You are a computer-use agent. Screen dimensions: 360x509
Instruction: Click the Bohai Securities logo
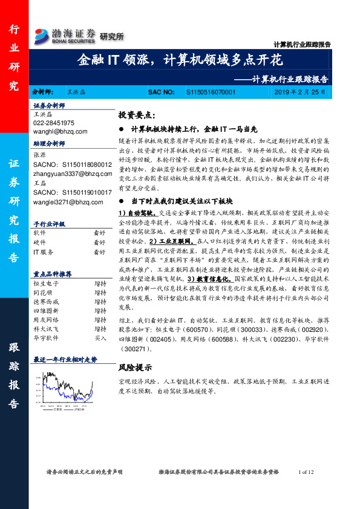point(65,35)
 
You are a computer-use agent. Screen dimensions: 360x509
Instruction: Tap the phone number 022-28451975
point(54,122)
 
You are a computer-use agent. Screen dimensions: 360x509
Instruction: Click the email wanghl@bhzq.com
point(60,131)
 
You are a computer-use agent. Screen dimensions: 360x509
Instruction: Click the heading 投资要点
point(137,114)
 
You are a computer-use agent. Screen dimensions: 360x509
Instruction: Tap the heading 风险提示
point(135,366)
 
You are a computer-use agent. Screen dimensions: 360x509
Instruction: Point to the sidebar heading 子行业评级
point(50,224)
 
